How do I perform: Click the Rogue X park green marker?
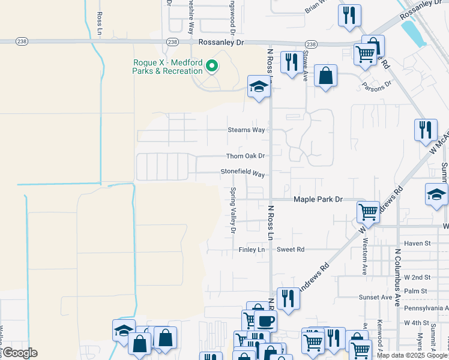tap(211, 66)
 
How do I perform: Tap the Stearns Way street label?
tap(246, 130)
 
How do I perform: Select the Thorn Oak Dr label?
tap(245, 156)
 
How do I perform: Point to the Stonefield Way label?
tap(243, 173)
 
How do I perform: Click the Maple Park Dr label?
tap(318, 199)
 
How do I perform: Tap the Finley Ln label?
tap(252, 250)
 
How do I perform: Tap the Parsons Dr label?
tap(376, 84)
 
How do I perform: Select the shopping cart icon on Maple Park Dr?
tap(368, 211)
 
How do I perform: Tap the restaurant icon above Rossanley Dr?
tap(349, 15)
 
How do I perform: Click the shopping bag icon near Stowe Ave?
tap(325, 76)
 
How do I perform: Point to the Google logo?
tap(19, 353)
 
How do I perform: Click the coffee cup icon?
tap(265, 320)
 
